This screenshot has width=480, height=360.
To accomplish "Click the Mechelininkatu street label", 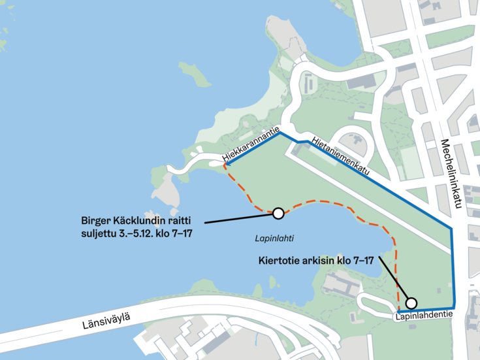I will [x=450, y=174].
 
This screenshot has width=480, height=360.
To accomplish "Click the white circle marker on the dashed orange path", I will [x=278, y=213].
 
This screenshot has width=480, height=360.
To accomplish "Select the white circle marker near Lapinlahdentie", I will [x=411, y=303].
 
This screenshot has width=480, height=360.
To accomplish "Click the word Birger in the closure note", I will [x=96, y=220].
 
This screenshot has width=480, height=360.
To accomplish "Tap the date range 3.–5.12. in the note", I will [x=141, y=233].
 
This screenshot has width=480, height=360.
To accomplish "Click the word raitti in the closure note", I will [x=186, y=220].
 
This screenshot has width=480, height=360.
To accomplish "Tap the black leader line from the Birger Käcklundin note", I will [x=235, y=218].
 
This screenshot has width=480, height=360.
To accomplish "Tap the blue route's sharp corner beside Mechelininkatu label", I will [x=452, y=229].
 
